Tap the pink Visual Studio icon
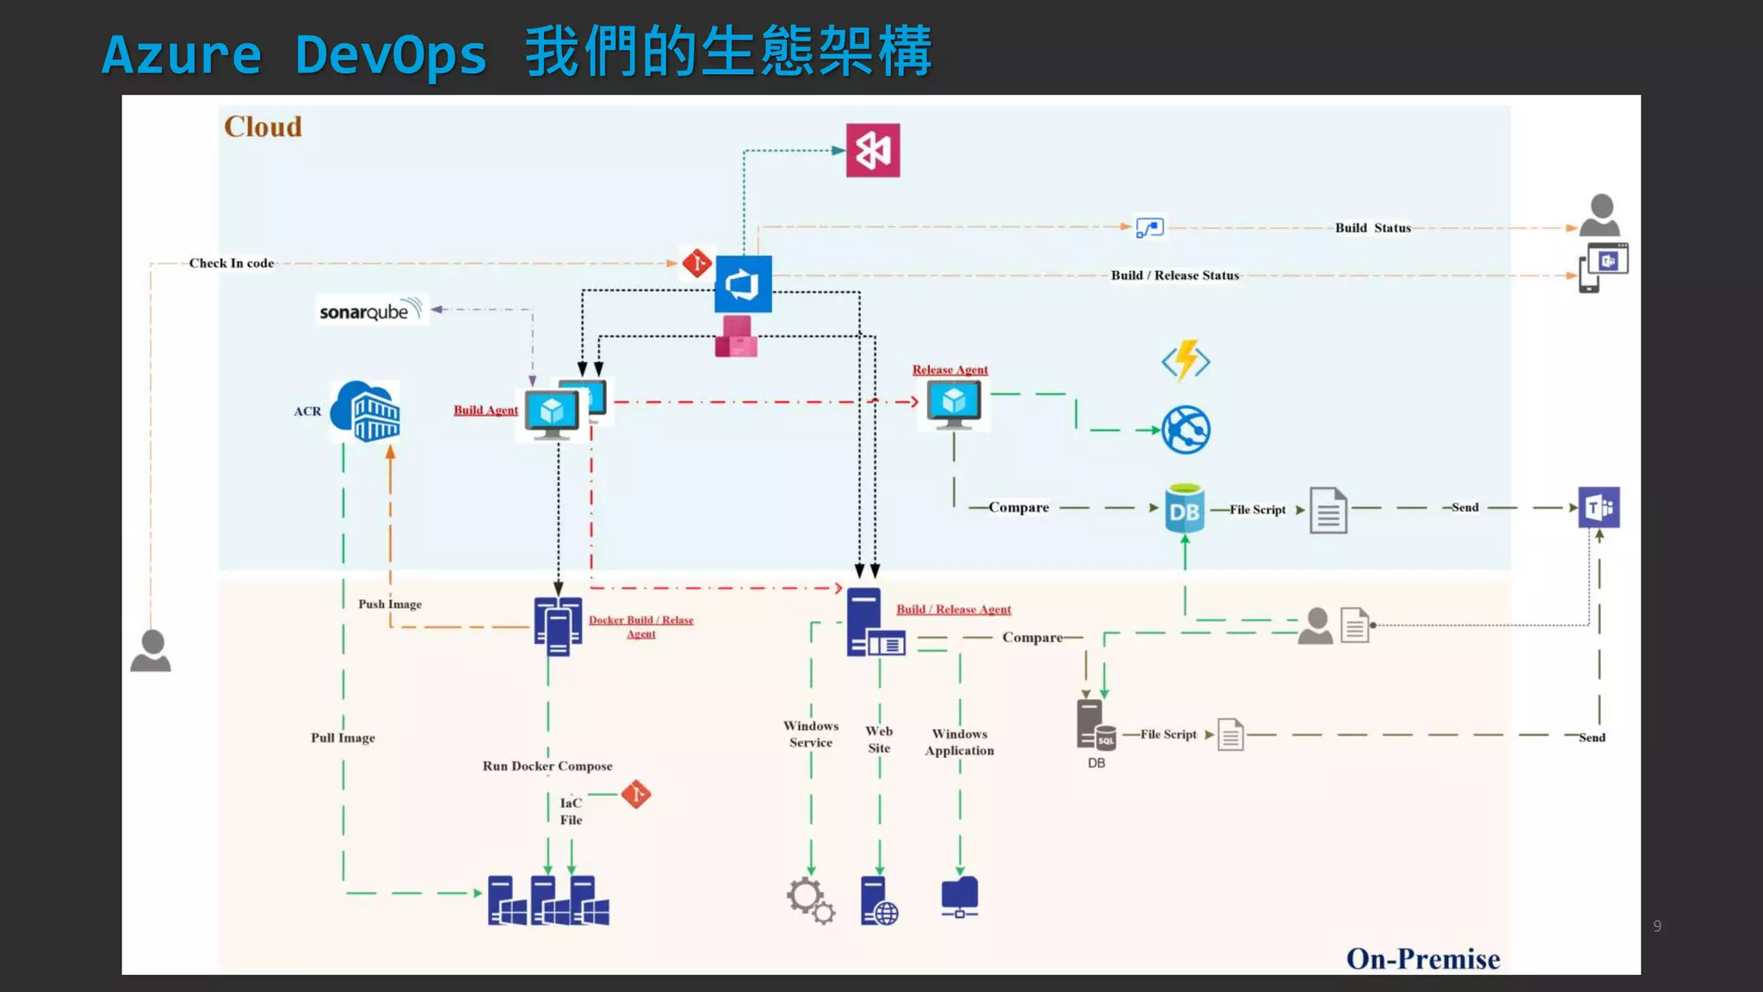[x=872, y=151]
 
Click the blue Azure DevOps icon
[x=743, y=283]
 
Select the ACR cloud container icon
[x=366, y=412]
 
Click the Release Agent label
[x=950, y=369]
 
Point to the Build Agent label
[x=486, y=410]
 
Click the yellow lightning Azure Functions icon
[x=1185, y=360]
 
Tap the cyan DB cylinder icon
[x=1184, y=508]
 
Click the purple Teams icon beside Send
[x=1599, y=507]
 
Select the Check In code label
[x=232, y=263]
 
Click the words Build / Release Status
[x=1174, y=276]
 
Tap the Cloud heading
[x=263, y=127]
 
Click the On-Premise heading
[x=1422, y=958]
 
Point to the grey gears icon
[x=809, y=900]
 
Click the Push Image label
[x=390, y=604]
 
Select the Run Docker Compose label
[x=547, y=766]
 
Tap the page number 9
[x=1656, y=927]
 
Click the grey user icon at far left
[x=151, y=651]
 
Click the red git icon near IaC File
[x=636, y=794]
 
